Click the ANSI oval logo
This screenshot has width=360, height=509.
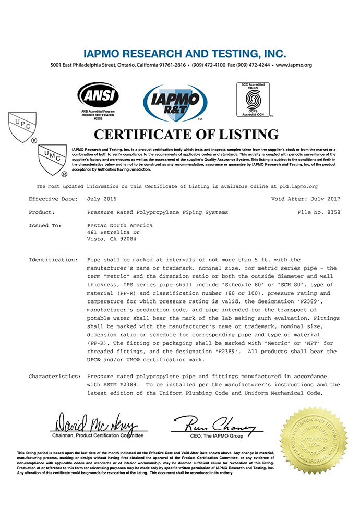coord(98,96)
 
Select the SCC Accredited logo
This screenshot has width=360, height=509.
coord(253,98)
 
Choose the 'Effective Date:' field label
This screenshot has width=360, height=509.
coord(53,199)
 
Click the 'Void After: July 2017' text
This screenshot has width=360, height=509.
coord(305,199)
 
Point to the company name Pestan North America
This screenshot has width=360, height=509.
coord(119,225)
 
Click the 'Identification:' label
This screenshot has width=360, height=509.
coord(53,259)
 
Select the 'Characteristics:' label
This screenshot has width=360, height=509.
coord(54,376)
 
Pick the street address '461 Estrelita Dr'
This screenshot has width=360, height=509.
coord(111,232)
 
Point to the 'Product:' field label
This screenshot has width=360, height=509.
coord(41,213)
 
